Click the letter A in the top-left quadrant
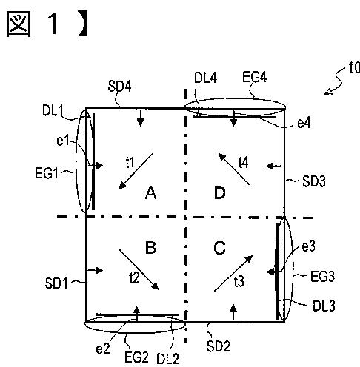[x=150, y=193]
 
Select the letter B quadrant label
[x=150, y=247]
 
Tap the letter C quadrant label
[x=219, y=248]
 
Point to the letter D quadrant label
[x=220, y=193]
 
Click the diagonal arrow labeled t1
[x=136, y=171]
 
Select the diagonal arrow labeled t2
[x=139, y=270]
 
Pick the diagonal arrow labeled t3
[x=233, y=273]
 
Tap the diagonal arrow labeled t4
[x=234, y=169]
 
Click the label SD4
[x=120, y=86]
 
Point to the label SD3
[x=314, y=181]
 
